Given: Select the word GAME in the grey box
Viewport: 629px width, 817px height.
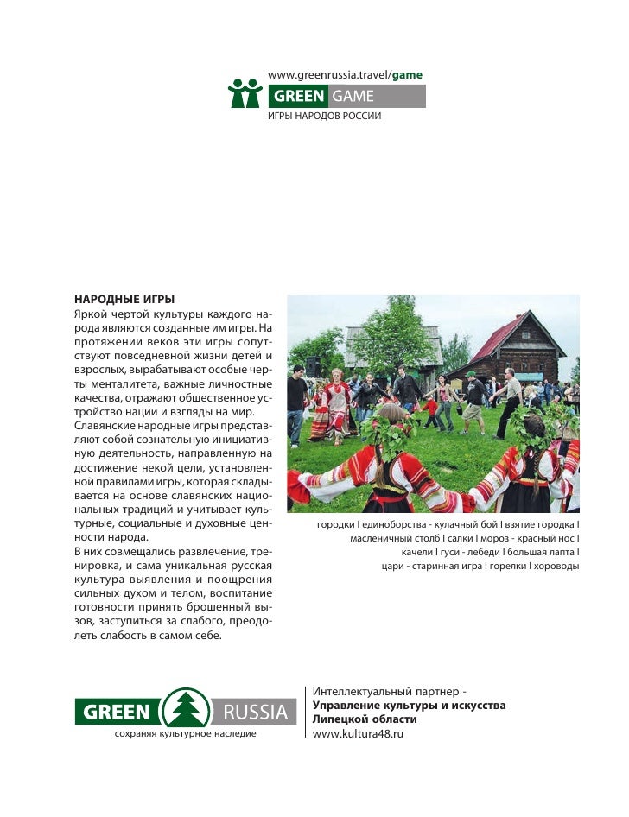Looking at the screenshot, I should point(353,96).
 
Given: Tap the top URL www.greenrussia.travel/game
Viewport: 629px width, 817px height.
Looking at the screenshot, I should point(346,75).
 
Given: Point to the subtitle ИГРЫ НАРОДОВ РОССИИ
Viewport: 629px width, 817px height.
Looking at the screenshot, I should point(324,116).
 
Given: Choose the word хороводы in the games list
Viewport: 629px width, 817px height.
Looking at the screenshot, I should point(554,567).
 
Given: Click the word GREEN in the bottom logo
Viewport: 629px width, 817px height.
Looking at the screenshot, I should point(118,712).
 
